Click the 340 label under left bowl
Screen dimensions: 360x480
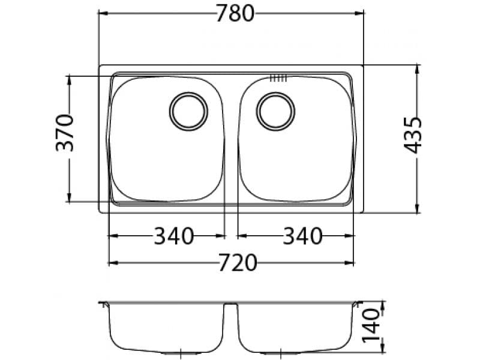point(174,236)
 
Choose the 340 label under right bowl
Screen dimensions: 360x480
point(302,236)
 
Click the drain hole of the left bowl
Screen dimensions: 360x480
point(189,111)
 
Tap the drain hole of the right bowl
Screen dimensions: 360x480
point(275,111)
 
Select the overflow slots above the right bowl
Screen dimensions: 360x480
point(279,77)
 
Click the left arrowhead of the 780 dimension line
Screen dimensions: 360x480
point(103,13)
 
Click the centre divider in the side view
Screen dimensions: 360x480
point(231,307)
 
